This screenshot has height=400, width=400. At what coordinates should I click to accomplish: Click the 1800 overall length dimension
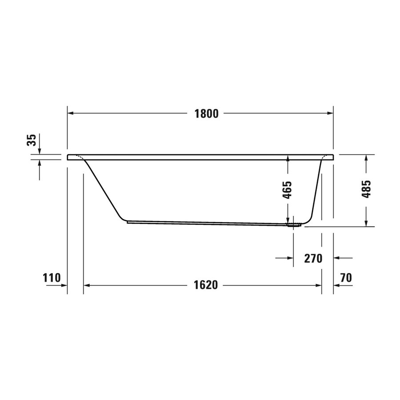(206, 114)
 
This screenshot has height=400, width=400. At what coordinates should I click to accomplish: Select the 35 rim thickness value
(31, 140)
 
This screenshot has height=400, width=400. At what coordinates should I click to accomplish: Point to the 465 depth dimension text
(288, 190)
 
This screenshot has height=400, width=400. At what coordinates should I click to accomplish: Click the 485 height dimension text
(366, 190)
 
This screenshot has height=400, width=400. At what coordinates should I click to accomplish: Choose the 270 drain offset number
(312, 258)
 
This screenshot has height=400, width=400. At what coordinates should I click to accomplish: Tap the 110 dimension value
(52, 278)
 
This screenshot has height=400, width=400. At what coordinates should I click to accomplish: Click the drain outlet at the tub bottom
(293, 224)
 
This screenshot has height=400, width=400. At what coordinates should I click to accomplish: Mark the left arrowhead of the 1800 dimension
(71, 114)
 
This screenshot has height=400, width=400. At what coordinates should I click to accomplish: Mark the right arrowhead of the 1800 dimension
(330, 114)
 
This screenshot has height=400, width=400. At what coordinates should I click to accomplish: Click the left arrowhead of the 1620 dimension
(88, 285)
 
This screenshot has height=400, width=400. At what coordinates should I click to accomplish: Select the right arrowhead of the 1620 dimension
(318, 285)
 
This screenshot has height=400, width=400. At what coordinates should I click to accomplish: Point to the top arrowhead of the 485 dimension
(366, 158)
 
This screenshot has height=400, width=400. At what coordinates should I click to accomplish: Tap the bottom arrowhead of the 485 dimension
(366, 223)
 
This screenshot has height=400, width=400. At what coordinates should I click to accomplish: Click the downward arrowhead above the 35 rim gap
(40, 151)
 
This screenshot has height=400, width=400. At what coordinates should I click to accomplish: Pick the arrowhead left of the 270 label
(290, 258)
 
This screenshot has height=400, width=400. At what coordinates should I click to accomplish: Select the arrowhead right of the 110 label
(64, 285)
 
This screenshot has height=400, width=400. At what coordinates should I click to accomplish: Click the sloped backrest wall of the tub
(104, 189)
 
